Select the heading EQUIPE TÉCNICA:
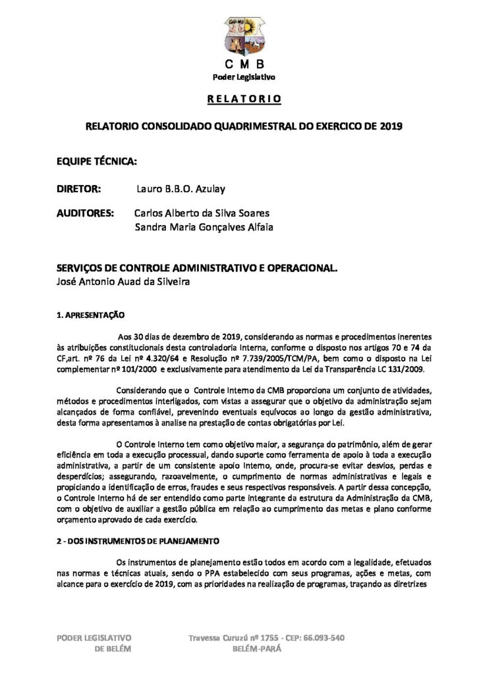coord(98,160)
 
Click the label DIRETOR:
coord(78,189)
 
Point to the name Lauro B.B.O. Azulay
coord(181,189)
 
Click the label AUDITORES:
coord(85,214)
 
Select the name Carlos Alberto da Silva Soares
coord(202,214)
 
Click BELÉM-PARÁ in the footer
coord(257,648)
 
